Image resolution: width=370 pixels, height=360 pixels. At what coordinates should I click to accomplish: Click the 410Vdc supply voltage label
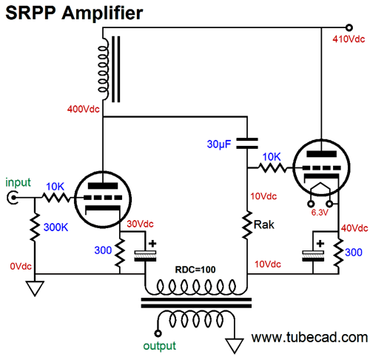point(349,39)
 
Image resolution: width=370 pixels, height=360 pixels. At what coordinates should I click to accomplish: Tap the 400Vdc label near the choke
point(84,109)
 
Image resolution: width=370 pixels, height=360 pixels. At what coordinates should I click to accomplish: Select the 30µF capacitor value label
point(219,144)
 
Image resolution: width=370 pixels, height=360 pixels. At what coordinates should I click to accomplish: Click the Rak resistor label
point(264,224)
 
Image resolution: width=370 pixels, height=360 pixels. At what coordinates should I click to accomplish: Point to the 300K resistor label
point(55,227)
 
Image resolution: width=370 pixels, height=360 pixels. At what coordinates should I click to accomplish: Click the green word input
point(18,183)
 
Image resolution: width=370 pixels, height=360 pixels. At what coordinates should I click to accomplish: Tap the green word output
point(160,346)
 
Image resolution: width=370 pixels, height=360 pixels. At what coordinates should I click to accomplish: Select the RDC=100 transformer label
point(195,270)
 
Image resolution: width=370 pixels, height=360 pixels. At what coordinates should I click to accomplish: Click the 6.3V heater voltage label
point(320,213)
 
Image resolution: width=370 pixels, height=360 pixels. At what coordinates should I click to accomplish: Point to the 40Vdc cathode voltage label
point(354,228)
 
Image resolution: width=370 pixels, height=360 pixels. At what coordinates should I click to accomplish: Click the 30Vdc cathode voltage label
point(140,224)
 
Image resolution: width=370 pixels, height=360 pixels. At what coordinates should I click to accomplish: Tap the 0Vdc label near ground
point(21,266)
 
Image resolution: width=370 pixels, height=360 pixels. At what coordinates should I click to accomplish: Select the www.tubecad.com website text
point(309,337)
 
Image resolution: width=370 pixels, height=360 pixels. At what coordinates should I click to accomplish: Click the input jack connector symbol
point(13,198)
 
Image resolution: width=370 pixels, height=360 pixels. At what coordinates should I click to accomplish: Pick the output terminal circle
point(158,333)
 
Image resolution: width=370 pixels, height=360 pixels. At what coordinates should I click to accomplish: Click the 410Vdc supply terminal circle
point(349,27)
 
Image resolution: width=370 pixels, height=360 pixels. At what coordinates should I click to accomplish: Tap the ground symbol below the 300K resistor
point(35,288)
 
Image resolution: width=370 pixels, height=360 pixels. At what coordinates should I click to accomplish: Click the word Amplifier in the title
point(102,13)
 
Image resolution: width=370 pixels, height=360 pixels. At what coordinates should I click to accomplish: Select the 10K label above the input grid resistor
point(55,187)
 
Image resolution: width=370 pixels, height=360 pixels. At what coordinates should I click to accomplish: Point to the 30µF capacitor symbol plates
point(247,144)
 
